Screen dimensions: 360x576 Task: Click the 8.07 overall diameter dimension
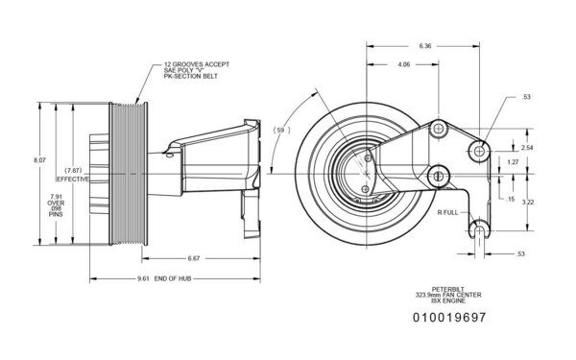pyautogui.click(x=38, y=158)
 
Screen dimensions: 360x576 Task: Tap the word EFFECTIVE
pyautogui.click(x=72, y=180)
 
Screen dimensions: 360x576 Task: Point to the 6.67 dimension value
pyautogui.click(x=193, y=258)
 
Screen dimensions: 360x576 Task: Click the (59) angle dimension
pyautogui.click(x=280, y=129)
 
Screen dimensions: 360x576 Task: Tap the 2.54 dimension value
pyautogui.click(x=526, y=148)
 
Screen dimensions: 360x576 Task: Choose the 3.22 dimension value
pyautogui.click(x=526, y=203)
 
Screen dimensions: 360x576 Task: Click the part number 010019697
pyautogui.click(x=449, y=316)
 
